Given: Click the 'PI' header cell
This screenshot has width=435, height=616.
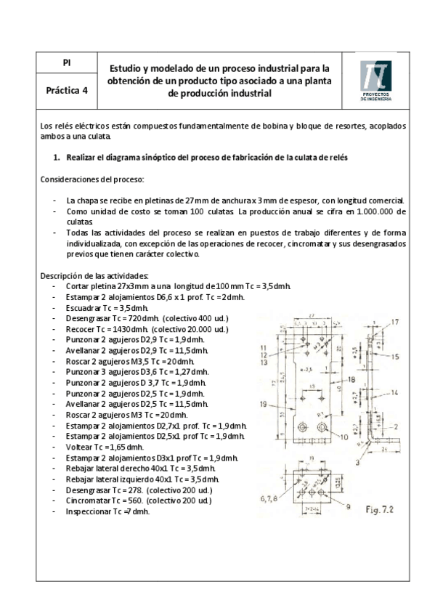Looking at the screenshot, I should point(66,63).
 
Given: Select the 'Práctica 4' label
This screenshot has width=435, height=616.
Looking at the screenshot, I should point(66,92).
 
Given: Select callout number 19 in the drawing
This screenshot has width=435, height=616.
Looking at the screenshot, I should point(261,404).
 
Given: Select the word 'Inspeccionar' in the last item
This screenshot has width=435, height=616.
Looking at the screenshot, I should point(88,511).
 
